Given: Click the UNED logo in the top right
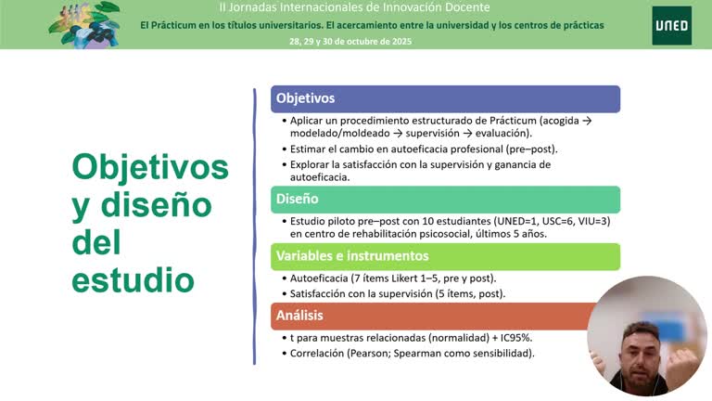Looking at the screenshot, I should (x=671, y=25).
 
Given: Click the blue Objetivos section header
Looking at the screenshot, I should (x=445, y=98).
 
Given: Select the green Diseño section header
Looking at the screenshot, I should (x=445, y=199).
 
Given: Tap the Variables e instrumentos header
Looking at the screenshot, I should (x=445, y=256).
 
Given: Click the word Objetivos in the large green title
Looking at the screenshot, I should (x=150, y=167).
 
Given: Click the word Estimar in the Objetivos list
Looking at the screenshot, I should (x=311, y=149).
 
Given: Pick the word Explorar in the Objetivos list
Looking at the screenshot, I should (x=312, y=164).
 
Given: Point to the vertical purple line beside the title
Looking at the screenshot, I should (x=254, y=226).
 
